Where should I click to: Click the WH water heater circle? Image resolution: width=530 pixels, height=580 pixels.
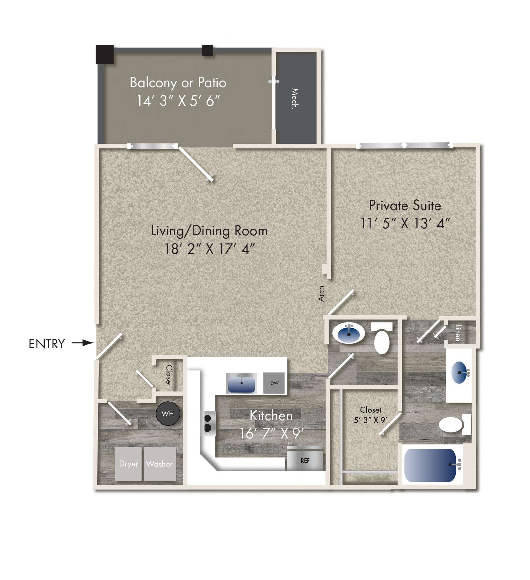[x=168, y=414]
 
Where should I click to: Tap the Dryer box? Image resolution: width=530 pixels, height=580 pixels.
[x=128, y=464]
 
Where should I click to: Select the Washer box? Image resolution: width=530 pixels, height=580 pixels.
[x=160, y=464]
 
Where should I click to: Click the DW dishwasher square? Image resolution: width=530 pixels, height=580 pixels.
[x=274, y=383]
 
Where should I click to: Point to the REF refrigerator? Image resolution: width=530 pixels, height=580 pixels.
[x=305, y=460]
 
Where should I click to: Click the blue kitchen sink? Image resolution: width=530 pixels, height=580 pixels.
[x=241, y=384]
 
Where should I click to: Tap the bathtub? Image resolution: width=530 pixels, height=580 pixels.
[x=430, y=465]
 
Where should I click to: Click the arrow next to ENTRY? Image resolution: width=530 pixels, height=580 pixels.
[x=83, y=343]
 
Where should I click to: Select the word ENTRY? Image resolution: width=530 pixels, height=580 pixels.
[x=47, y=344]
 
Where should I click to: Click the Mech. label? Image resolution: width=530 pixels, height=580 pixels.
[x=295, y=98]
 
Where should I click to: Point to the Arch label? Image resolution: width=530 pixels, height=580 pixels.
[x=321, y=293]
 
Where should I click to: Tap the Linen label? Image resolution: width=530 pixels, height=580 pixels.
[x=458, y=333]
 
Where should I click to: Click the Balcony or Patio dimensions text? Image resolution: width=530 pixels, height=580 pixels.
[x=178, y=101]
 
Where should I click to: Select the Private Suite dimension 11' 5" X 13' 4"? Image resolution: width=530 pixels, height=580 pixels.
[x=405, y=224]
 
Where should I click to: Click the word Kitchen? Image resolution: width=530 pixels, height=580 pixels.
[x=271, y=415]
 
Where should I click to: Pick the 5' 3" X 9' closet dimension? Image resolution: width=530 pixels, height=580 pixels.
[x=371, y=420]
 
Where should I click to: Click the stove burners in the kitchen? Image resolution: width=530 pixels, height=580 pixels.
[x=208, y=423]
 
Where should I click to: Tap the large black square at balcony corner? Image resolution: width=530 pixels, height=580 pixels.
[x=105, y=54]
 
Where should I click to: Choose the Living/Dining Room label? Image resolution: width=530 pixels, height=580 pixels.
[x=209, y=231]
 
